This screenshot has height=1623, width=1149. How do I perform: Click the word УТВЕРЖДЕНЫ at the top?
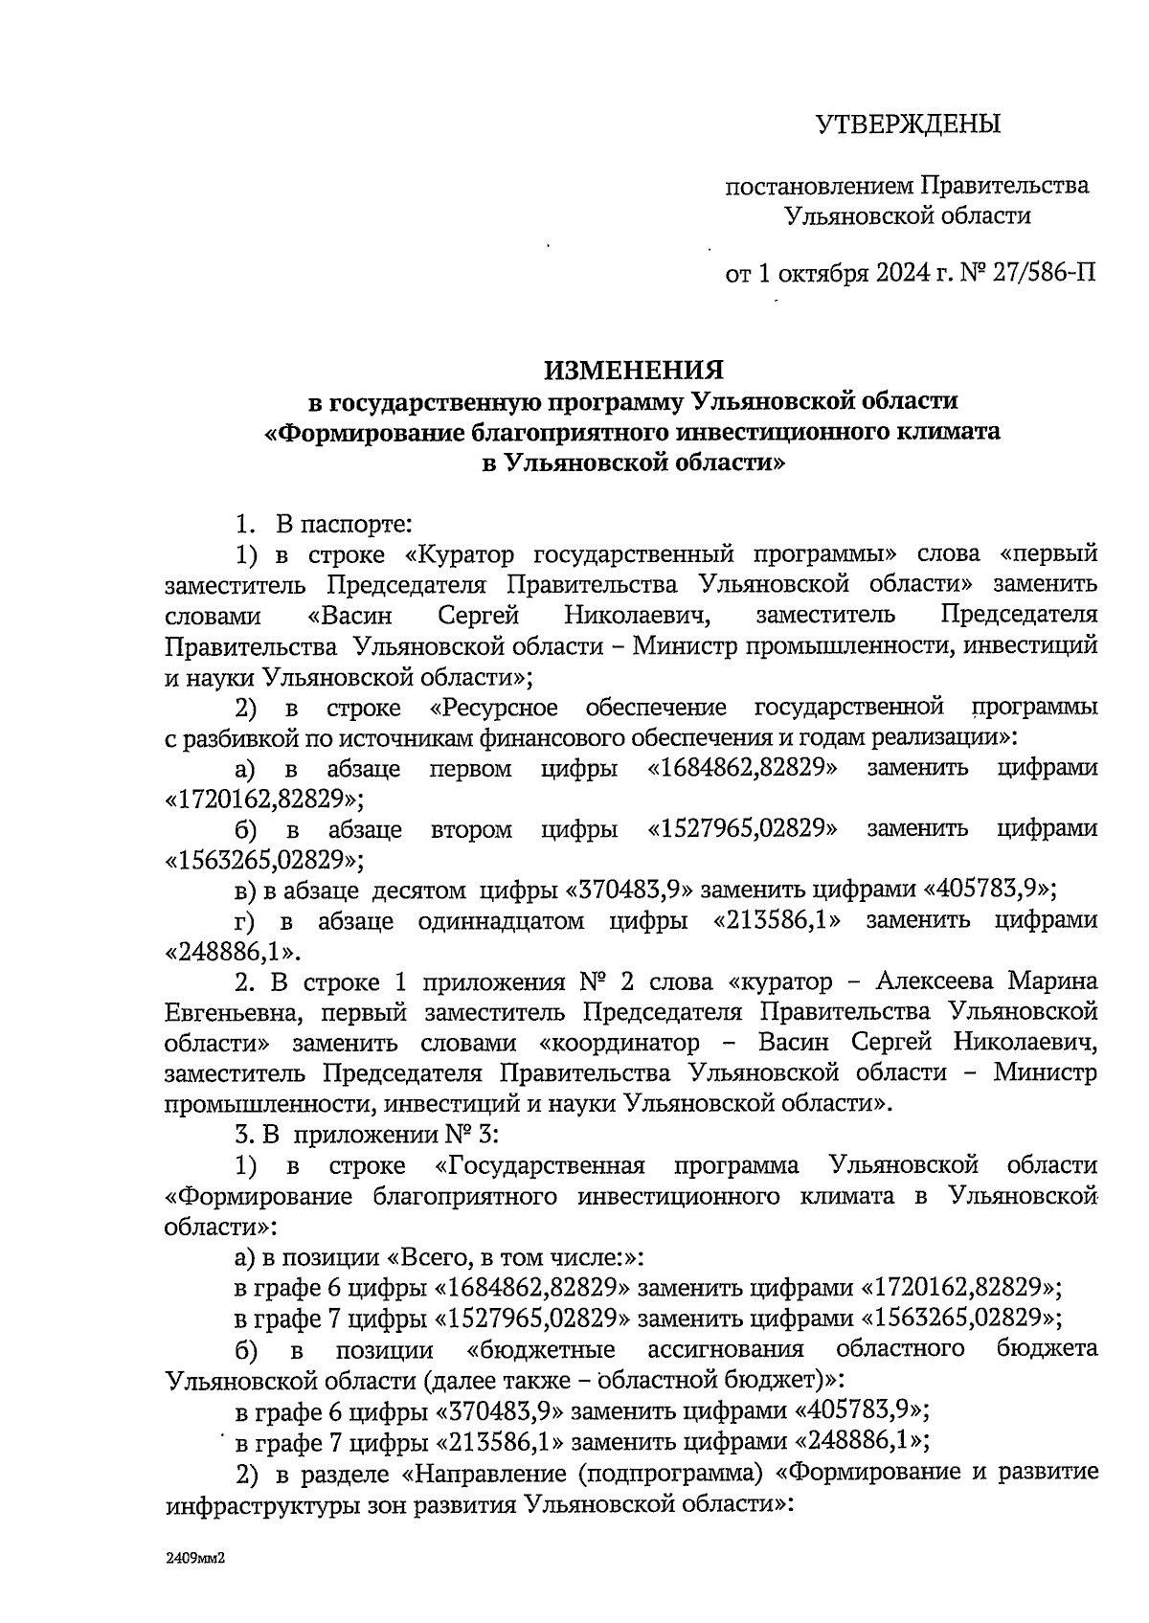coord(908,124)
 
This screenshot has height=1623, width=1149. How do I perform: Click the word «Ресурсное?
coord(494,709)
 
